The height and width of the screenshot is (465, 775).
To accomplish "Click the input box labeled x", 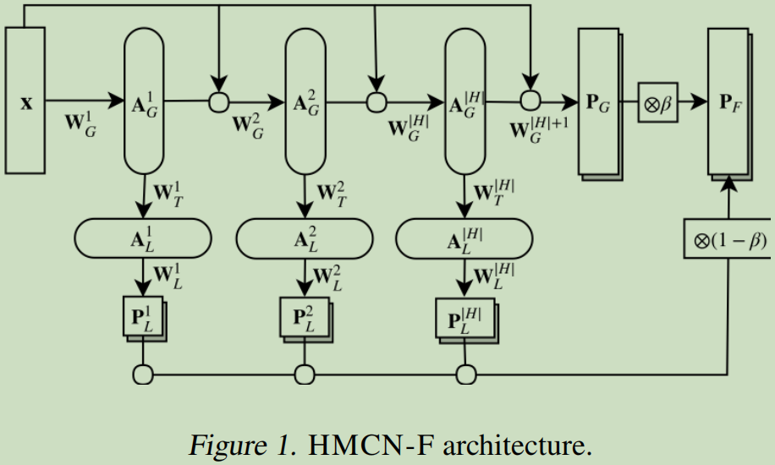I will click(25, 101).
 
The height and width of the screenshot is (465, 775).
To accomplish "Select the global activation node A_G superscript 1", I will click(145, 101).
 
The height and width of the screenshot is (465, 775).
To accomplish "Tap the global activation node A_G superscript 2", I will click(305, 101).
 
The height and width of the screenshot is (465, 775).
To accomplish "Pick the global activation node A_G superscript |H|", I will click(466, 101).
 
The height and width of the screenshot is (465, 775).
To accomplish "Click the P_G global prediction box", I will click(598, 101).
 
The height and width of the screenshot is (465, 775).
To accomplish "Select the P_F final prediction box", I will click(728, 101).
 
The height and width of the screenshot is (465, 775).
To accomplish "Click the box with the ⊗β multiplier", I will click(657, 102).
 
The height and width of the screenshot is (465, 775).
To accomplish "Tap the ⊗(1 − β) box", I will click(728, 241).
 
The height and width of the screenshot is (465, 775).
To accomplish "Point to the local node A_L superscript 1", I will click(143, 238).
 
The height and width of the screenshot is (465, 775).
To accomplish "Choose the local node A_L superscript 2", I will click(304, 238).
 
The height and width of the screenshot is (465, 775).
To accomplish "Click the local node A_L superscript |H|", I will click(464, 238).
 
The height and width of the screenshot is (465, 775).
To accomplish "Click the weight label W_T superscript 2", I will click(333, 194).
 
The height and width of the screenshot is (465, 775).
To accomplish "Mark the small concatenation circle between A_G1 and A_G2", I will click(219, 102).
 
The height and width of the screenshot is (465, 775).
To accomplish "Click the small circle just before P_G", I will click(530, 102).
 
